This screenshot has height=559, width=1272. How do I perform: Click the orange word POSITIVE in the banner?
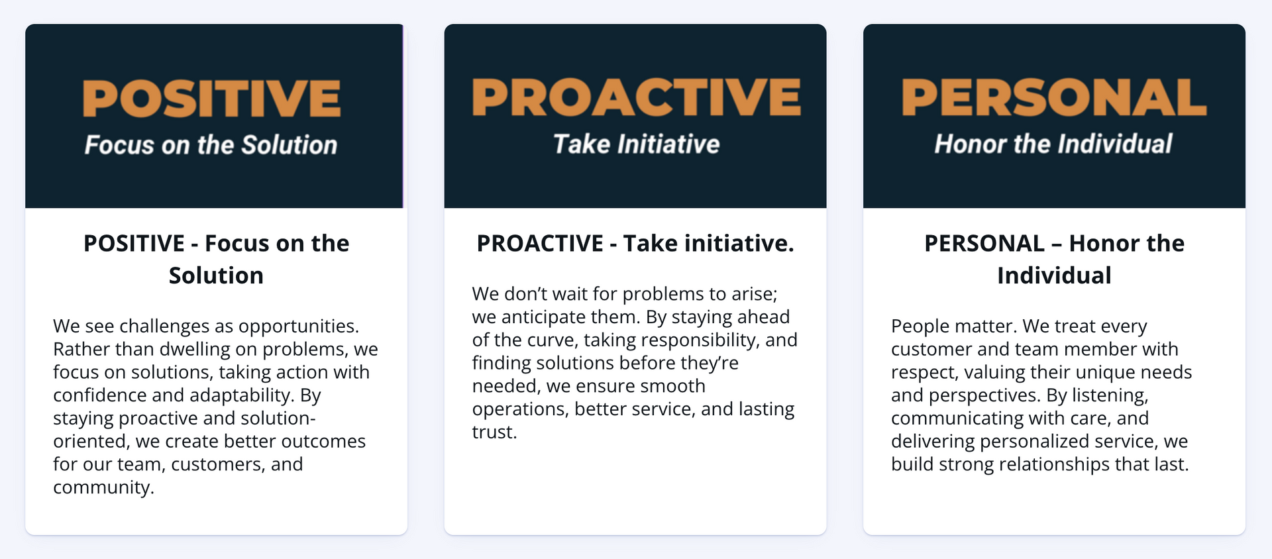pos(211,98)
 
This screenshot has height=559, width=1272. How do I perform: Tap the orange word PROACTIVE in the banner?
pos(636,97)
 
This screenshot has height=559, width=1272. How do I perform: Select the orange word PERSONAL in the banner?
pos(1053,97)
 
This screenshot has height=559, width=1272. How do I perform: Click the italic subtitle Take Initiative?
pos(636,144)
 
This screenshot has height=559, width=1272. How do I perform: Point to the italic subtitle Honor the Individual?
pos(1053,144)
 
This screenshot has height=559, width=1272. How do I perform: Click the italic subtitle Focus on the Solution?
pos(211,144)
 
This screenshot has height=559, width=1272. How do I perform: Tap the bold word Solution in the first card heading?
pos(216,276)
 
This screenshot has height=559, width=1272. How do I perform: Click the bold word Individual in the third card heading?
pos(1054,276)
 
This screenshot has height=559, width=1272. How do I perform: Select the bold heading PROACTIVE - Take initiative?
pos(635,244)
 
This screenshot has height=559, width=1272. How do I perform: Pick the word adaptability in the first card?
pos(241,395)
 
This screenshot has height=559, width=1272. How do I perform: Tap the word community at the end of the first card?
pos(103,487)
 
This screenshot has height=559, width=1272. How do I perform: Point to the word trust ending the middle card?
pos(493,432)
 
